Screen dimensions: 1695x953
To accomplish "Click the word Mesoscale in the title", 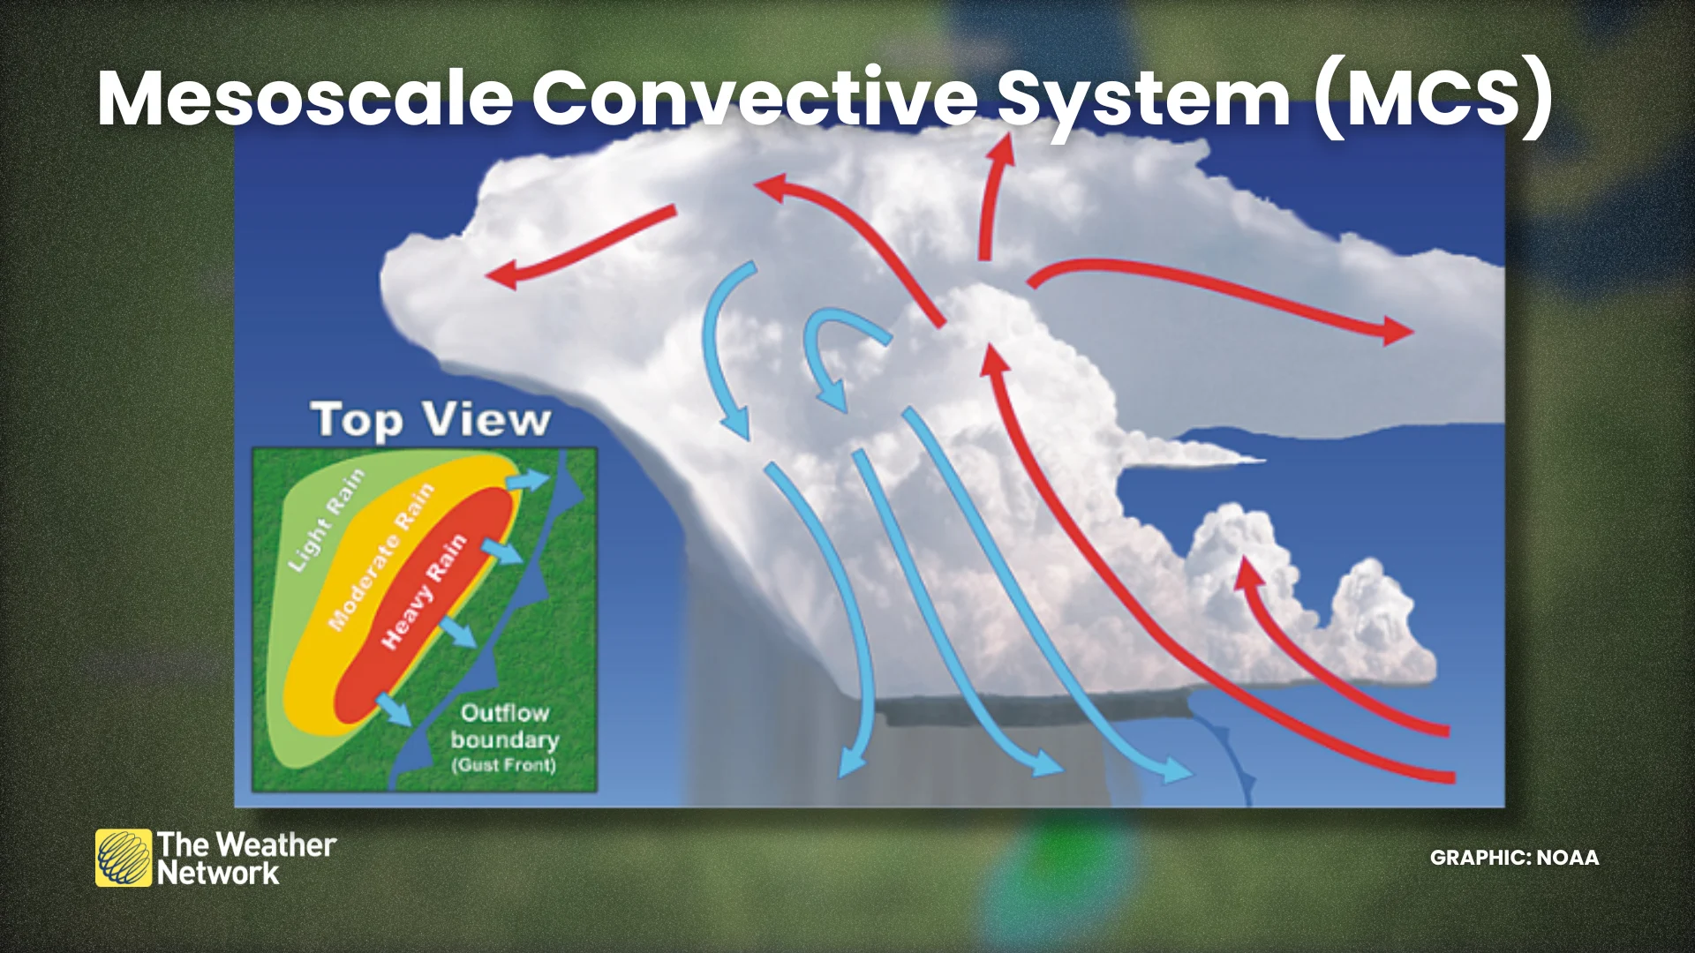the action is (x=305, y=98).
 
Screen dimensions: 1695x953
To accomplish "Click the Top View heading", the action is (x=431, y=420).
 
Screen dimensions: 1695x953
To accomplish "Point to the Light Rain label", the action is (x=326, y=520).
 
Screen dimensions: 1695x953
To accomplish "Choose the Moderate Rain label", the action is (x=381, y=557).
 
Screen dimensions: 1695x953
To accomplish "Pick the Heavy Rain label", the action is (x=423, y=591).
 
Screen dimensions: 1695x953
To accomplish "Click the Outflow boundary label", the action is (x=504, y=725).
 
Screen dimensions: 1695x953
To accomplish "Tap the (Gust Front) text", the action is (x=504, y=765).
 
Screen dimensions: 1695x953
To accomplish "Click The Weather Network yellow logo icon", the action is (x=124, y=858).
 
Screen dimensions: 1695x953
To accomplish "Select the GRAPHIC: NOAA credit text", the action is (x=1514, y=858).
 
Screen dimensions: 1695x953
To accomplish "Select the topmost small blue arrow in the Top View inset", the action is (x=528, y=480).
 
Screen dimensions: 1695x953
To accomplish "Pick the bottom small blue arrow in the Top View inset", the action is (x=394, y=709).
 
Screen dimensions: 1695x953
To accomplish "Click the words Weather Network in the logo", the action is (x=247, y=859).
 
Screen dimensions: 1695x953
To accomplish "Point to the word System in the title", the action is (x=1144, y=100).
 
